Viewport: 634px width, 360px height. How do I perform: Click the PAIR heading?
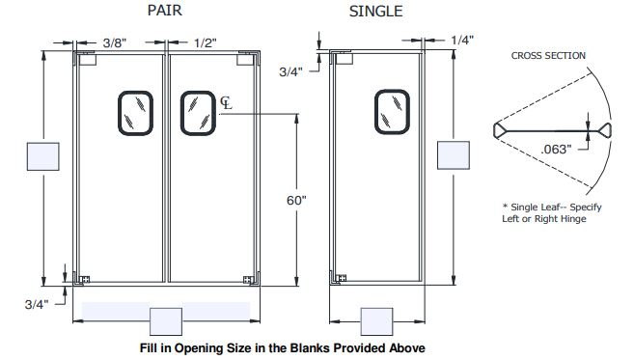point(166,13)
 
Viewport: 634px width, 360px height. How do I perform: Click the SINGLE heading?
point(376,13)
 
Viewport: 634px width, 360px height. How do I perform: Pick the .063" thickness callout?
point(557,150)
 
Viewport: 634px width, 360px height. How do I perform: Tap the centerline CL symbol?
point(226,102)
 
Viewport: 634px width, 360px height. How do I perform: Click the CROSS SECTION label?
point(548,56)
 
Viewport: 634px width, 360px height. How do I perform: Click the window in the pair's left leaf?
point(135,113)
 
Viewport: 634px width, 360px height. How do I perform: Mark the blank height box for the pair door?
point(44,157)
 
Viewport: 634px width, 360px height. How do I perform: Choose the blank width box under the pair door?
point(166,320)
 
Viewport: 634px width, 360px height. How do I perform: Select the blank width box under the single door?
point(376,320)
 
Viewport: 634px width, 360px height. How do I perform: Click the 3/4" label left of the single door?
point(292,71)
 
